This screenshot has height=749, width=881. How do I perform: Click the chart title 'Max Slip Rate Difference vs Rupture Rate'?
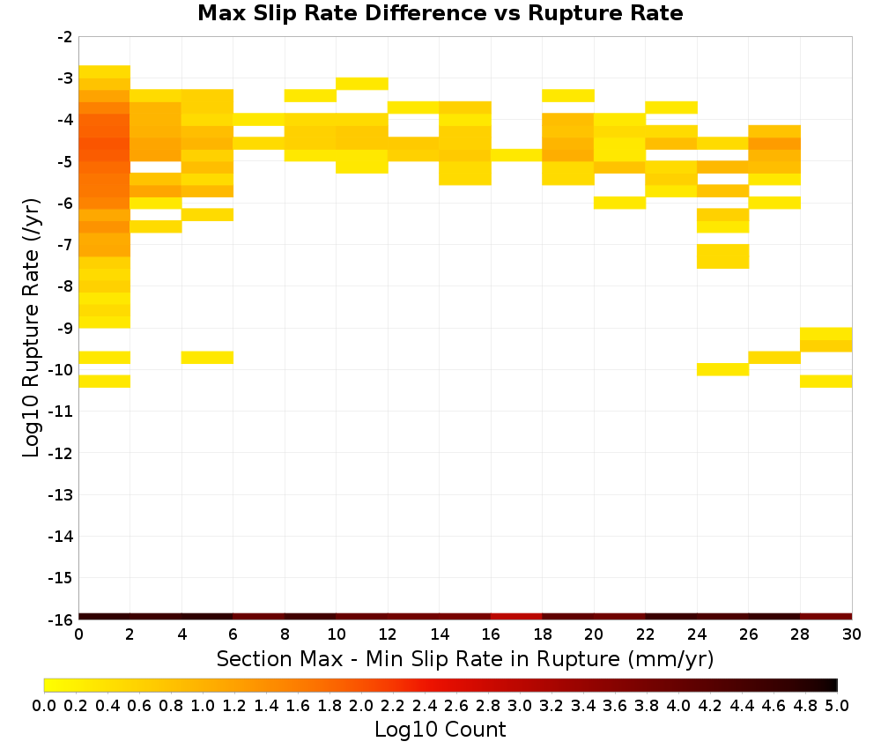pos(440,13)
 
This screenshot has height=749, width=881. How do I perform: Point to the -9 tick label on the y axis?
pos(64,328)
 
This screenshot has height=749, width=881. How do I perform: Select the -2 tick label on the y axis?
pos(64,37)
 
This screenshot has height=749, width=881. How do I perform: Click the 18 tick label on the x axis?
pos(542,634)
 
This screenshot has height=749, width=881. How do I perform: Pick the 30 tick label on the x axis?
pos(852,634)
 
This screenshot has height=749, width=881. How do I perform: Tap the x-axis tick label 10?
pos(336,634)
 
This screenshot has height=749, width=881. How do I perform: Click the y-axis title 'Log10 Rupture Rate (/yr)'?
pos(31,328)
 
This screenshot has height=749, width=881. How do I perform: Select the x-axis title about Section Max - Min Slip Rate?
pos(465,658)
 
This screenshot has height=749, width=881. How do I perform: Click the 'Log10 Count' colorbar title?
pos(440,730)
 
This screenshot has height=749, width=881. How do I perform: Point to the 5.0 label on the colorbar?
pos(837,705)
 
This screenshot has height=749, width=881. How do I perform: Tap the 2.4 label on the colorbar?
pos(425,705)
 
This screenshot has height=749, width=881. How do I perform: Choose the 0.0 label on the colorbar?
pos(44,705)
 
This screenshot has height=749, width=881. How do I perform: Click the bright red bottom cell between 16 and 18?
pos(516,617)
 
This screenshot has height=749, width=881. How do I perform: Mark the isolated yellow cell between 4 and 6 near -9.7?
pos(207,358)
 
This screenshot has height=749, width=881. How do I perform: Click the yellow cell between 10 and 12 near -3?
pos(362,84)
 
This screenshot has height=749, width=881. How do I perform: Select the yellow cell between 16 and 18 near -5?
pos(516,155)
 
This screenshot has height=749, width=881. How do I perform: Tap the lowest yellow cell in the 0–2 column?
pos(105,381)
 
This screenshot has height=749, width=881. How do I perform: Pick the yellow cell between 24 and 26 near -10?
pos(722,369)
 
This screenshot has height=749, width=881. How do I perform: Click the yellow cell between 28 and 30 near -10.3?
pos(826,381)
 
